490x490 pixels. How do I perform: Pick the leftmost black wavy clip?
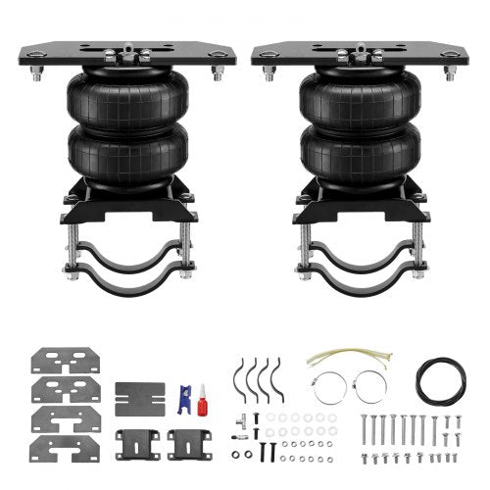pos(238,377)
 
